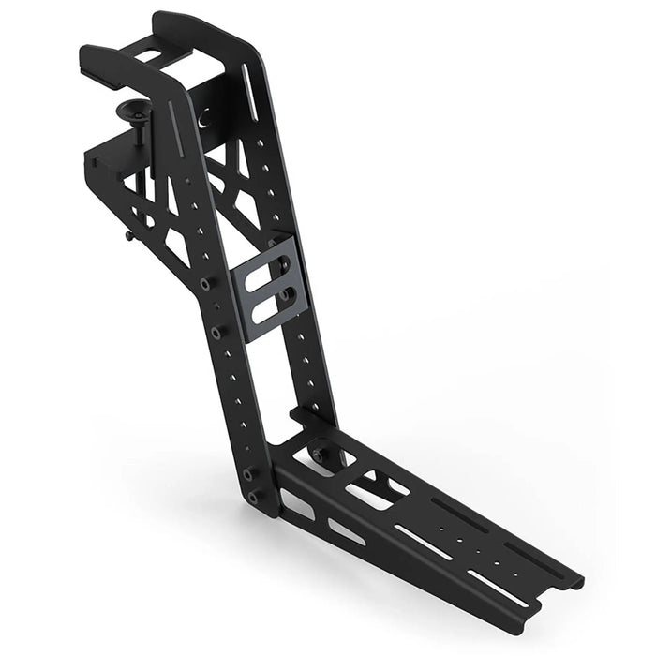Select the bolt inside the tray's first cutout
(319, 453)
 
